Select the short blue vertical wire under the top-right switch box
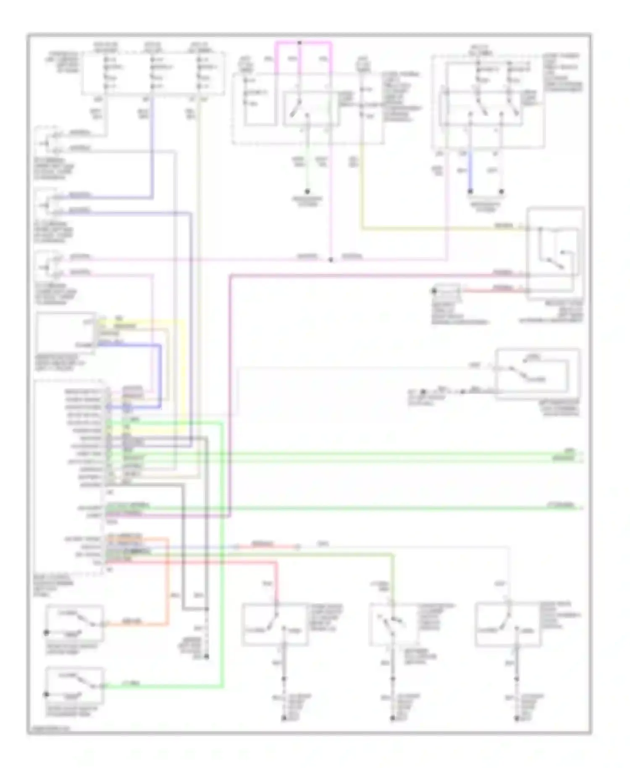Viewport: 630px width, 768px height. click(470, 170)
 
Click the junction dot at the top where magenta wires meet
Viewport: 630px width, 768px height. click(299, 42)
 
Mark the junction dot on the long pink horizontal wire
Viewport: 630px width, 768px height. click(331, 260)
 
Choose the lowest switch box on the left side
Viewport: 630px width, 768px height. click(74, 685)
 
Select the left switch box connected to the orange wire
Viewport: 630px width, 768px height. click(74, 623)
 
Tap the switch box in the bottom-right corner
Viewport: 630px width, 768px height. click(508, 624)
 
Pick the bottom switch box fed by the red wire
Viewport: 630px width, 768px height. click(275, 624)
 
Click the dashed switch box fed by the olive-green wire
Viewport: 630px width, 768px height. click(392, 624)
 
